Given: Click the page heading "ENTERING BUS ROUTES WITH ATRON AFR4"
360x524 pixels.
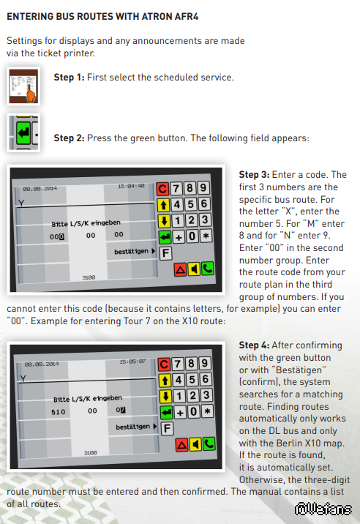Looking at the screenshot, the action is [102, 16].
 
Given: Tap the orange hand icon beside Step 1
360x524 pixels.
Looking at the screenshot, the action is [31, 92].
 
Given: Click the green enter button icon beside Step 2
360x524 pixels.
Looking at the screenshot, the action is [23, 133].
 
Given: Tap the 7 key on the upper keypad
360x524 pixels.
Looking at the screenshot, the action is [176, 189].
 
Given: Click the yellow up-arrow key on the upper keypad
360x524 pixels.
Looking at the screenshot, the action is [163, 204].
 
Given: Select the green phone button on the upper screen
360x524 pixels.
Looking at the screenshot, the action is [208, 269].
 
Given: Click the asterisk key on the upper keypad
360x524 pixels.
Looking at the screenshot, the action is [206, 236].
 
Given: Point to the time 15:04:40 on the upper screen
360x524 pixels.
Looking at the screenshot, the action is [131, 186].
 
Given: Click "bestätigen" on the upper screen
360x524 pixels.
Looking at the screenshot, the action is [132, 251].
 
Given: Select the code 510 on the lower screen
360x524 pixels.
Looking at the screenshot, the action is [58, 412].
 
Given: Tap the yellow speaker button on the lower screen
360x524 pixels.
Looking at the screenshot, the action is [195, 444].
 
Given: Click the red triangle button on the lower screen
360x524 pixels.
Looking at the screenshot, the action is [181, 445].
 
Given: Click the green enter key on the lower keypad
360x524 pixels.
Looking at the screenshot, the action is [166, 413].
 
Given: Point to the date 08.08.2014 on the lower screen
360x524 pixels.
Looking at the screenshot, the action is [42, 364].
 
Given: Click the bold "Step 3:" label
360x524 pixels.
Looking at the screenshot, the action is [254, 175].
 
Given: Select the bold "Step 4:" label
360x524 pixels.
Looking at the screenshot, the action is [254, 345].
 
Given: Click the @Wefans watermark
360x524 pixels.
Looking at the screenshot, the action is [323, 509].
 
